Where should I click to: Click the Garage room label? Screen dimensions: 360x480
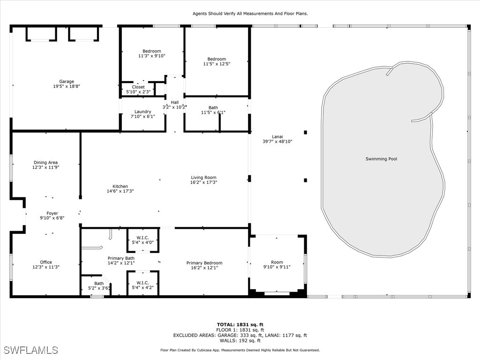click(67, 82)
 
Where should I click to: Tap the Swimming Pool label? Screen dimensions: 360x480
click(381, 159)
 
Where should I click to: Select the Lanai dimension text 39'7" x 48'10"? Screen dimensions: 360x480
click(277, 141)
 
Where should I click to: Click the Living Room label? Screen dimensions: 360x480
click(203, 178)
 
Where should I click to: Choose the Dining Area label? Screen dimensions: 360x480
click(45, 163)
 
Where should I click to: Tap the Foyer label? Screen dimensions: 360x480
click(52, 213)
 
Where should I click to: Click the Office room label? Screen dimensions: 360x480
click(46, 262)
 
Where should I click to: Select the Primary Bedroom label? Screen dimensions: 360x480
click(204, 263)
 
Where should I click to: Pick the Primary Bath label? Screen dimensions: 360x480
click(121, 258)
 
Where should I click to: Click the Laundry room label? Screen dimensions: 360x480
click(142, 112)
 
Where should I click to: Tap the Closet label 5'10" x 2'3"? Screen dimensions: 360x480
click(138, 87)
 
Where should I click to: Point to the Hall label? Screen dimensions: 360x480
click(175, 102)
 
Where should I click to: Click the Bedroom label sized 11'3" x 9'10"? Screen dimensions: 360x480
click(152, 51)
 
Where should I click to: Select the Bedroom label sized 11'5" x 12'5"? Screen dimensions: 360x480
click(217, 59)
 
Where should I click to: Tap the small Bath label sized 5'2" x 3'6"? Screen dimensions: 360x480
click(99, 283)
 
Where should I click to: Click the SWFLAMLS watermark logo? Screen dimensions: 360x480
click(31, 350)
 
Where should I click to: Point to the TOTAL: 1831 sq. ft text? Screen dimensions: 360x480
click(240, 324)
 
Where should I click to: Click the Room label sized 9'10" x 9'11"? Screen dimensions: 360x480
click(277, 262)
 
